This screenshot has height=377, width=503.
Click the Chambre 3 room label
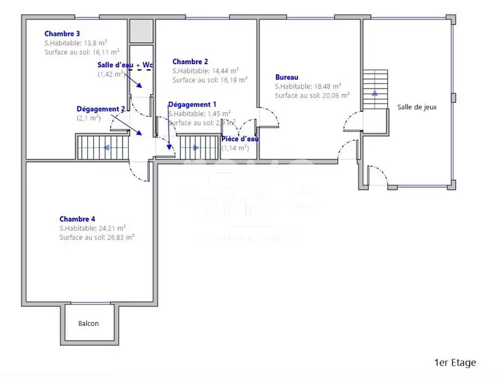(62, 33)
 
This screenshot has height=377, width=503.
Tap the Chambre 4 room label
(77, 219)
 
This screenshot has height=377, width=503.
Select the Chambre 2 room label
(190, 62)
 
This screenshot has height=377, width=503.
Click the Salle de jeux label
(416, 107)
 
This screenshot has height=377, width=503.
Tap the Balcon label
(89, 324)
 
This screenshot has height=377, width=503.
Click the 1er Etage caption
(455, 363)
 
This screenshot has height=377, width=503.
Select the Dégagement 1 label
(192, 104)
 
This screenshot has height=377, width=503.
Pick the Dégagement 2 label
(101, 109)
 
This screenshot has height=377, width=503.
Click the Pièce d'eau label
(240, 139)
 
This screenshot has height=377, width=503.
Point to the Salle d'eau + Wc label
(126, 65)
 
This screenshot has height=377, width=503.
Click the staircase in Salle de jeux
(375, 90)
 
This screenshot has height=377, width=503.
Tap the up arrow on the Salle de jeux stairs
(375, 92)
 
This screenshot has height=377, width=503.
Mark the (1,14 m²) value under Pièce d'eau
(235, 148)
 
